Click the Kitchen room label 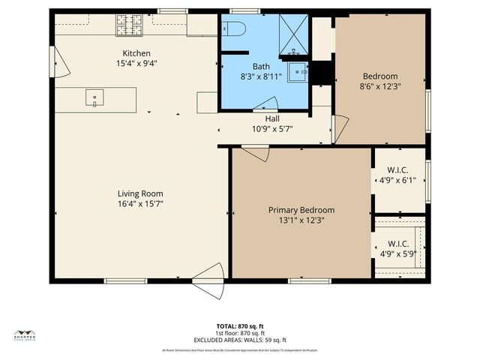pos(137,53)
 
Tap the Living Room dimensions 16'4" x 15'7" pos(140,203)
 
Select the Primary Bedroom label pos(301,210)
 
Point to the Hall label pos(272,118)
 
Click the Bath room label pos(261,67)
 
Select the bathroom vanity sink pos(299,73)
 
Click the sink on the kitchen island pos(94,97)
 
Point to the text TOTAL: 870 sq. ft pos(239,326)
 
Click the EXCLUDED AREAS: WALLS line pos(239,340)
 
